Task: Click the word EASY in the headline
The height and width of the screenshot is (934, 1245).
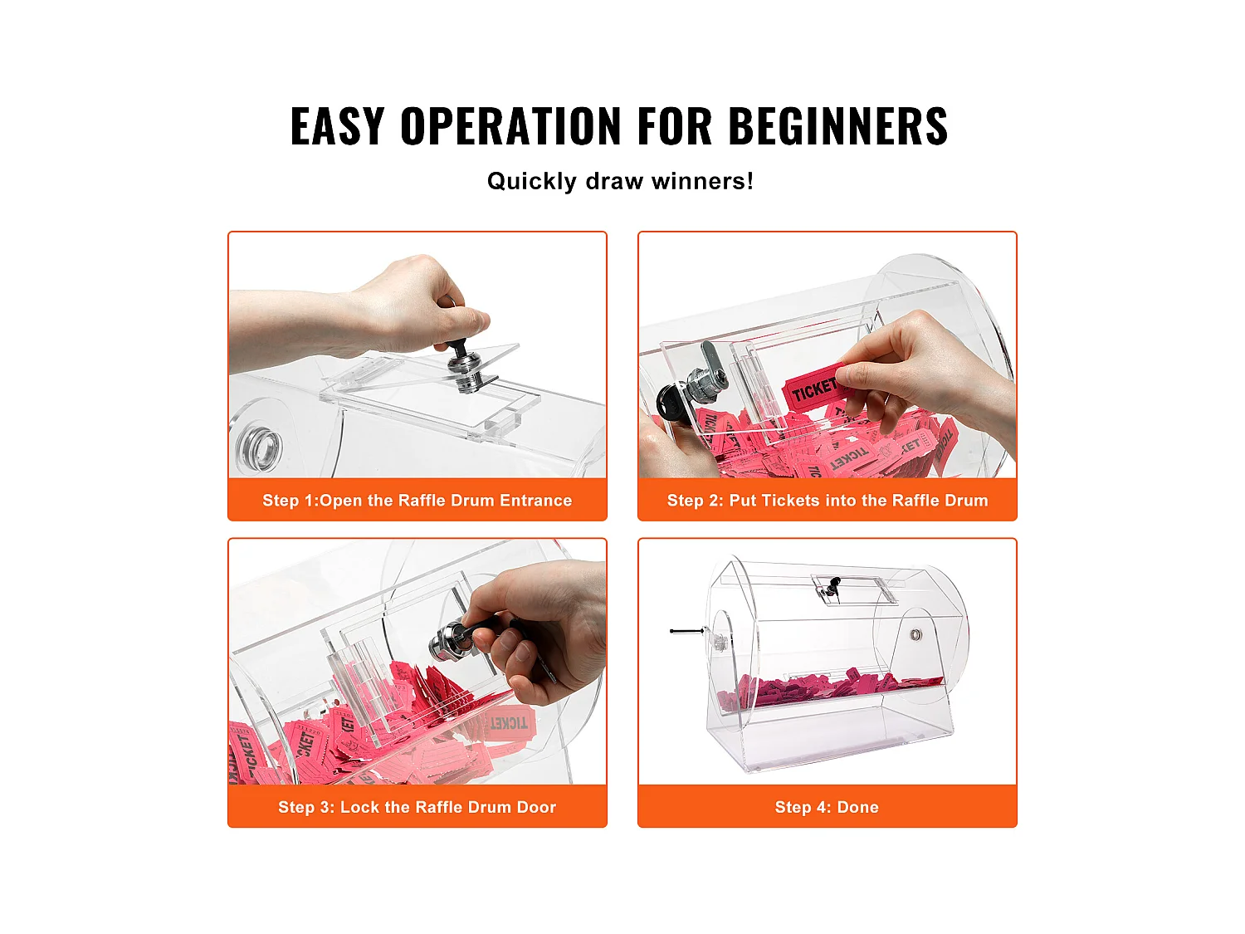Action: (338, 126)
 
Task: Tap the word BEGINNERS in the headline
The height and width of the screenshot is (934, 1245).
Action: (837, 126)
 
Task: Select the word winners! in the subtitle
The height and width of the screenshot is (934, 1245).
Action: (702, 182)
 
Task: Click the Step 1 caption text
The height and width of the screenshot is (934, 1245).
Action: (417, 500)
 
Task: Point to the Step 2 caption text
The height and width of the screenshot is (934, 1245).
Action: (827, 500)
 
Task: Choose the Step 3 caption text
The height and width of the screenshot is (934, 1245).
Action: (417, 807)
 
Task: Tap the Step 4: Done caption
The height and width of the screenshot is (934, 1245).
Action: (827, 807)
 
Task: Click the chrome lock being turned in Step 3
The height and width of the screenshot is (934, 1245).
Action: (448, 642)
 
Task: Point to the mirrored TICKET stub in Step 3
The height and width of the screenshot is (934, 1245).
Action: (510, 723)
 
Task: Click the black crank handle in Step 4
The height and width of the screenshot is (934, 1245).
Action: (686, 631)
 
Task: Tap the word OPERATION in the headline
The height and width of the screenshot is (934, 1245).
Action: (510, 126)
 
